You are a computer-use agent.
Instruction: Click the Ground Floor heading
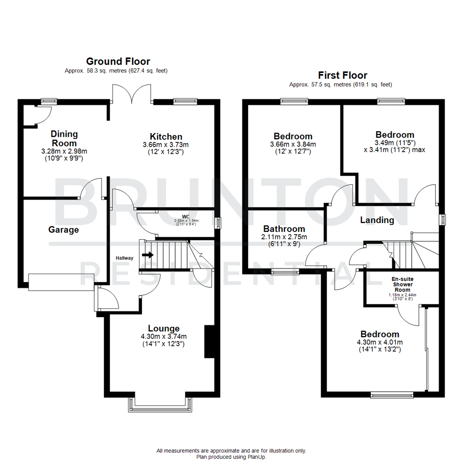[118, 61]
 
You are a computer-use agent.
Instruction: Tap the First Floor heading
[343, 75]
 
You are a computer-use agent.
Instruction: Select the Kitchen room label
[162, 136]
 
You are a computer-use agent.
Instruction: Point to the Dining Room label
[64, 138]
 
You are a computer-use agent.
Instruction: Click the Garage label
[63, 230]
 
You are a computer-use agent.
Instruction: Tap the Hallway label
[125, 258]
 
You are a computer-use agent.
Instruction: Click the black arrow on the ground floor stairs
[148, 255]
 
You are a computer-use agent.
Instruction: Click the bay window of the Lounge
[160, 405]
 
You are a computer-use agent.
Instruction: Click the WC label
[185, 216]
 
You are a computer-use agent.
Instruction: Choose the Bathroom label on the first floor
[284, 229]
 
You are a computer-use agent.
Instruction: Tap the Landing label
[377, 220]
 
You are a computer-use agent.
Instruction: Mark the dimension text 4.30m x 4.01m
[379, 342]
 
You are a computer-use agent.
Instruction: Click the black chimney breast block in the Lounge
[209, 341]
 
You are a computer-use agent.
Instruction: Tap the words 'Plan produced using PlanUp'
[231, 457]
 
